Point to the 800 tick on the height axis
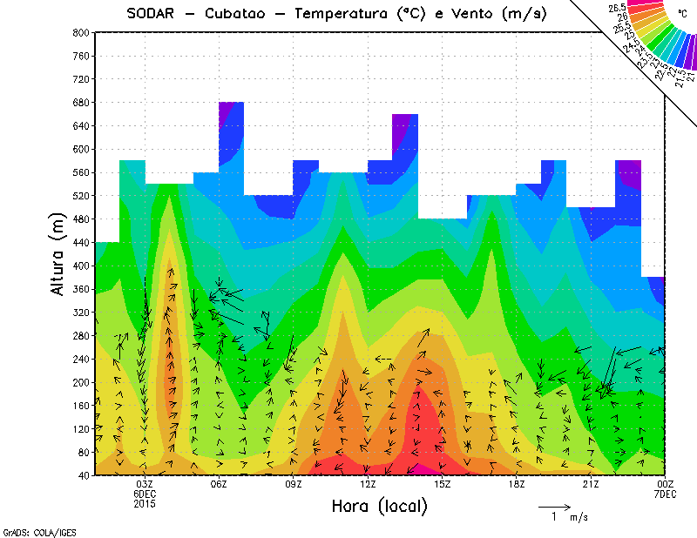pyautogui.click(x=79, y=32)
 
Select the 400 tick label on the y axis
pyautogui.click(x=79, y=265)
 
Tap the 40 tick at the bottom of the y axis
pyautogui.click(x=82, y=475)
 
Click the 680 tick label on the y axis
pyautogui.click(x=79, y=102)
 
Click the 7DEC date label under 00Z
pyautogui.click(x=666, y=494)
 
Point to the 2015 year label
pyautogui.click(x=145, y=504)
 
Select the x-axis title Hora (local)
pyautogui.click(x=380, y=507)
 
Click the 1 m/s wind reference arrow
pyautogui.click(x=554, y=506)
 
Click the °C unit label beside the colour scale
pyautogui.click(x=682, y=14)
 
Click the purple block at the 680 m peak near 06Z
pyautogui.click(x=226, y=111)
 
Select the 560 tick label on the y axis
pyautogui.click(x=79, y=172)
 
